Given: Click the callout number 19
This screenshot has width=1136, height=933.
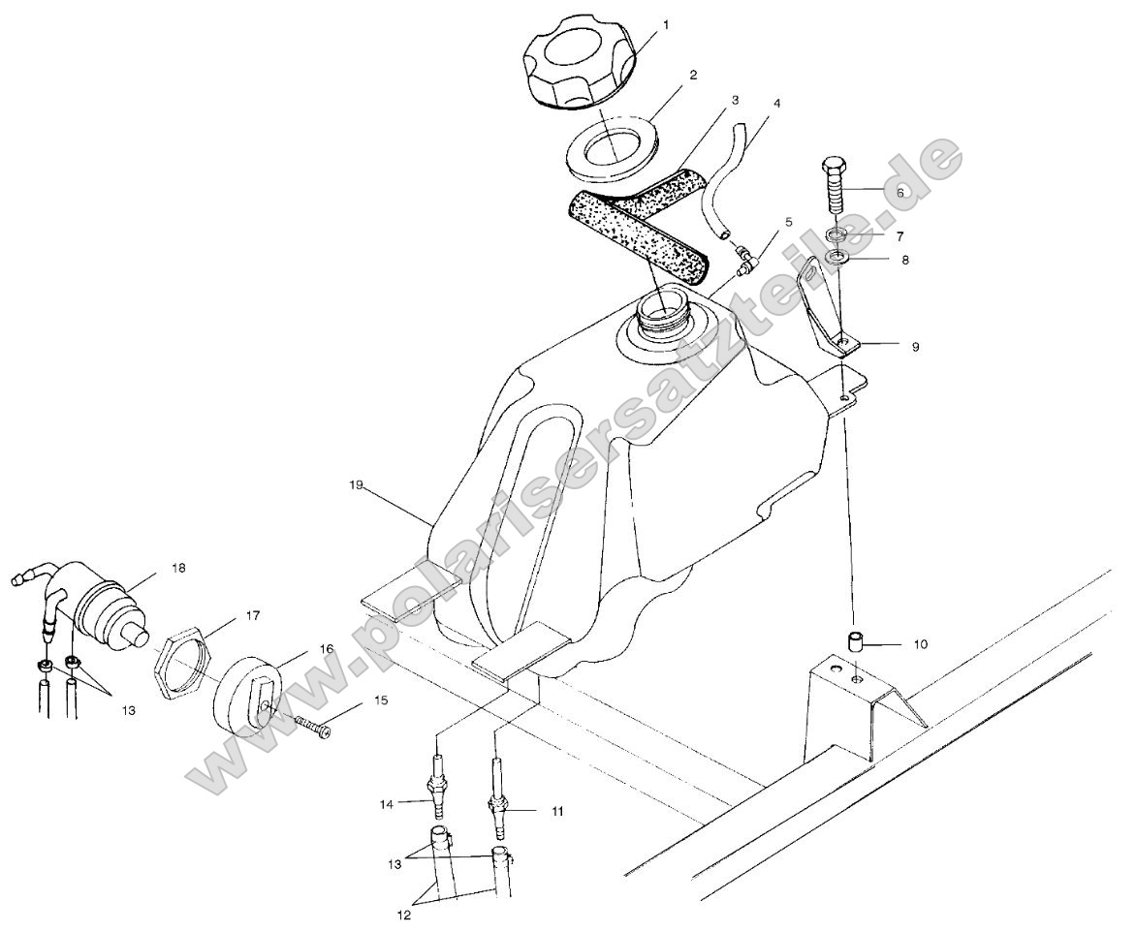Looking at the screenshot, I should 356,484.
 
